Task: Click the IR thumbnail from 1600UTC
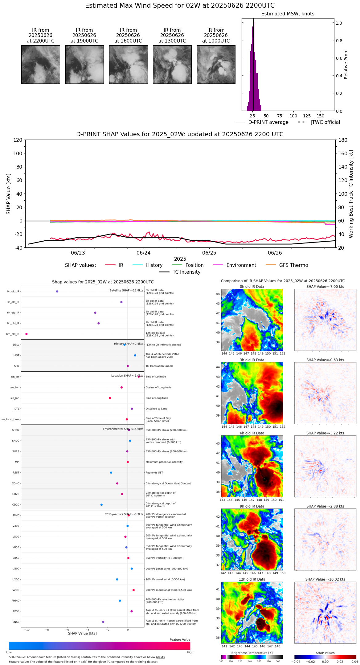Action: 128,64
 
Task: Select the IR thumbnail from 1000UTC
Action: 216,64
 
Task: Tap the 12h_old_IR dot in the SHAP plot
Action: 27,334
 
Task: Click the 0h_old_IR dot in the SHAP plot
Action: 57,291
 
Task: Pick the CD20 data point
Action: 101,504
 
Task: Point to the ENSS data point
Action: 103,622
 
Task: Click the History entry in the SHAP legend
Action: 154,265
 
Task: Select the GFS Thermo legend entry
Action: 293,265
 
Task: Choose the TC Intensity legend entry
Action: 186,272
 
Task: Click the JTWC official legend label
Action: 325,122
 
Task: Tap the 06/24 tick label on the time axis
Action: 144,253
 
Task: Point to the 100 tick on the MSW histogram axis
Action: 293,116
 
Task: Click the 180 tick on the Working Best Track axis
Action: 343,140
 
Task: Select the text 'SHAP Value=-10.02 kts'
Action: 325,579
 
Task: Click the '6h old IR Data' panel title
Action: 252,433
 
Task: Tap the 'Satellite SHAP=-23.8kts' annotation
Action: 126,290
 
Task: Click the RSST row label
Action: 16,472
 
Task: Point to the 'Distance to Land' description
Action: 157,409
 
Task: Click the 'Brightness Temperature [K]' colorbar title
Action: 252,653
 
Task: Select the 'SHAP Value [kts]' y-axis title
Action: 9,194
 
